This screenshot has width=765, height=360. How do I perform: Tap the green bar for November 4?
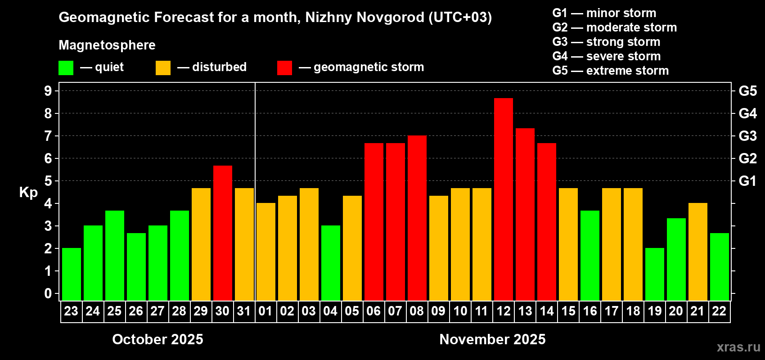(x=330, y=263)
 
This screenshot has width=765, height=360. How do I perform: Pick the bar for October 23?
(x=71, y=274)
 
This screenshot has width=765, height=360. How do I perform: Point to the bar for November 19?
(x=654, y=274)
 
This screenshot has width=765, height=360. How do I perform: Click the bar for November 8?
(x=417, y=218)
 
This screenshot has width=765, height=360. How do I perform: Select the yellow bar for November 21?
(x=697, y=252)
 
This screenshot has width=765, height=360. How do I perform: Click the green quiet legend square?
(x=66, y=68)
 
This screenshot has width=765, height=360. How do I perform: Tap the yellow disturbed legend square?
(x=163, y=68)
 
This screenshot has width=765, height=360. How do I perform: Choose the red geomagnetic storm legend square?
(x=284, y=68)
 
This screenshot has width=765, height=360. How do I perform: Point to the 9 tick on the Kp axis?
(x=48, y=91)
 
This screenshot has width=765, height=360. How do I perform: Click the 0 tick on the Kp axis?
(x=48, y=294)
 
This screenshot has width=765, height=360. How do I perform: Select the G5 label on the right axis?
(x=747, y=91)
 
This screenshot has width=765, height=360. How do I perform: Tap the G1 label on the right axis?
(x=747, y=181)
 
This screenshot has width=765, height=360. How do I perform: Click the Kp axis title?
(x=28, y=192)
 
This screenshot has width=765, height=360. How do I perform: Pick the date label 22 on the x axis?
(x=719, y=311)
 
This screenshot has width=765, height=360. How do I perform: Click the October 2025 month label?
(x=157, y=339)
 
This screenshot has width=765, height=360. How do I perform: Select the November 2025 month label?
(x=492, y=339)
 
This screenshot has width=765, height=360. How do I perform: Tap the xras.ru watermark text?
(x=738, y=347)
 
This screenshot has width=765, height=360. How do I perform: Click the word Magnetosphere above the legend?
(x=107, y=45)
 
